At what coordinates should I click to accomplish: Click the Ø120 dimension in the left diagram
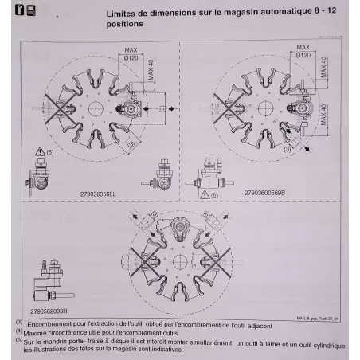pyautogui.click(x=131, y=61)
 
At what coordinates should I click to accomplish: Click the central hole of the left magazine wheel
pyautogui.click(x=93, y=108)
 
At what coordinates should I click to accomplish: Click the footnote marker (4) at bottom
pyautogui.click(x=18, y=331)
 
